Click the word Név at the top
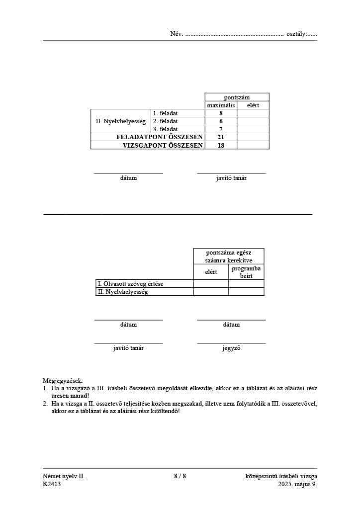[177, 34]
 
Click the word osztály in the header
[296, 34]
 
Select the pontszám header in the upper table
[237, 97]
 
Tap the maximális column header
[221, 105]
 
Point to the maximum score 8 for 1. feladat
[221, 113]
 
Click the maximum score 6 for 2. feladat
[221, 121]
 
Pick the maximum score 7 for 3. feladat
[221, 129]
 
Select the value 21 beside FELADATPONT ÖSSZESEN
[221, 137]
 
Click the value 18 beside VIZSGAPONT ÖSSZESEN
[221, 145]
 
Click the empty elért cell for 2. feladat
[253, 121]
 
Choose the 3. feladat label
[165, 129]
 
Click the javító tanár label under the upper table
[231, 178]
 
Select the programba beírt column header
[246, 272]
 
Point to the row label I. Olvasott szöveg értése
[130, 284]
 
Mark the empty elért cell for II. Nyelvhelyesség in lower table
[211, 292]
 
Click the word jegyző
[231, 348]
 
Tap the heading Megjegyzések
[63, 381]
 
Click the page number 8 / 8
[180, 476]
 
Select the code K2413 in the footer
[52, 484]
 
